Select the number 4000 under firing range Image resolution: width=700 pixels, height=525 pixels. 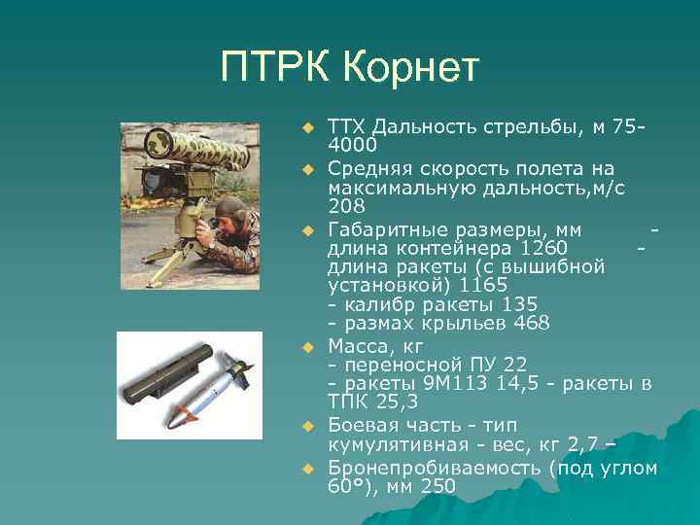(x=352, y=145)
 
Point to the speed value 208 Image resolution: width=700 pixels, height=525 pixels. (x=347, y=206)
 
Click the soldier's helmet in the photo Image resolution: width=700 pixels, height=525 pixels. (x=231, y=206)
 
